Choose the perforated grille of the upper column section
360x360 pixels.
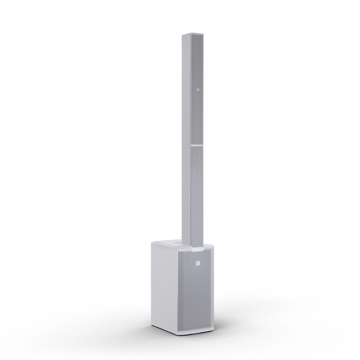pos(198,108)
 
